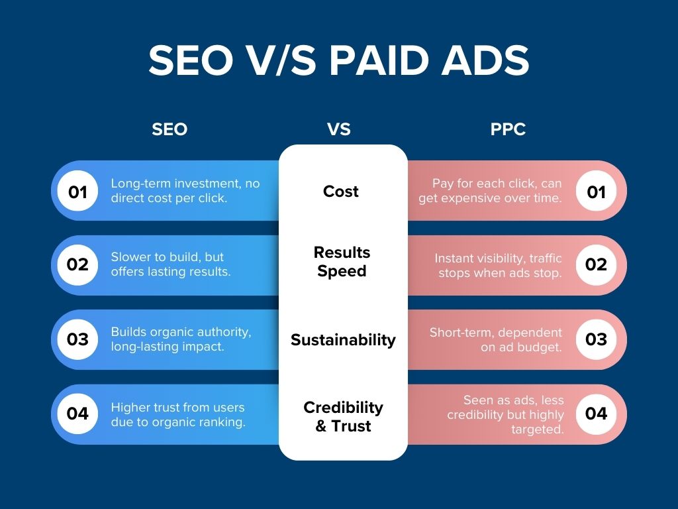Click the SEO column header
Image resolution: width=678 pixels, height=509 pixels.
tap(169, 129)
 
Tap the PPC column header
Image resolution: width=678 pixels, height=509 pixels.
tap(508, 129)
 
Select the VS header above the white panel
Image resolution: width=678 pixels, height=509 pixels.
tap(339, 129)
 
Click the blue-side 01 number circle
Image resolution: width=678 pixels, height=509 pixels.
tap(78, 192)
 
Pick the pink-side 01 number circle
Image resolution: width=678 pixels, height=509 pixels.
tap(596, 192)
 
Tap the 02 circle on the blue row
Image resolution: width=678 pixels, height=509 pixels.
tap(78, 264)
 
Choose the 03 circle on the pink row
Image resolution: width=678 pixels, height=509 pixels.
tap(596, 339)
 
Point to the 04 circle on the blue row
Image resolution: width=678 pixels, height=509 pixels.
tap(78, 414)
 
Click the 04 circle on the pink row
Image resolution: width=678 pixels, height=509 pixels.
tap(596, 414)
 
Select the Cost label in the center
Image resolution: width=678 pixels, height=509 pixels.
tap(341, 192)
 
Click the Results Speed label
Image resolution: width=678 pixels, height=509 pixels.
tap(342, 262)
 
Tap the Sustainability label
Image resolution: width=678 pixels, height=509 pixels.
tap(343, 340)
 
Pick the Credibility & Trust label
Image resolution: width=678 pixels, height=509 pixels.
tap(343, 416)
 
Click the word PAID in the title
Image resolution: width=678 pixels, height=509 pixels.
tap(380, 61)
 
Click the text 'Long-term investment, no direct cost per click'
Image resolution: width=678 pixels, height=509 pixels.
tap(185, 190)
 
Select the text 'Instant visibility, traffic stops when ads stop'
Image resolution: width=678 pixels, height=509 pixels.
tap(498, 265)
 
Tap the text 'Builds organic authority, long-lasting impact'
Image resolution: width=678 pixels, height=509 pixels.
tap(181, 339)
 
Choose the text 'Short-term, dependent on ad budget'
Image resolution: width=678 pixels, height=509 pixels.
tap(496, 339)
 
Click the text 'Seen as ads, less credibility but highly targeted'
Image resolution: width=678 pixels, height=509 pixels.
tap(505, 414)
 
